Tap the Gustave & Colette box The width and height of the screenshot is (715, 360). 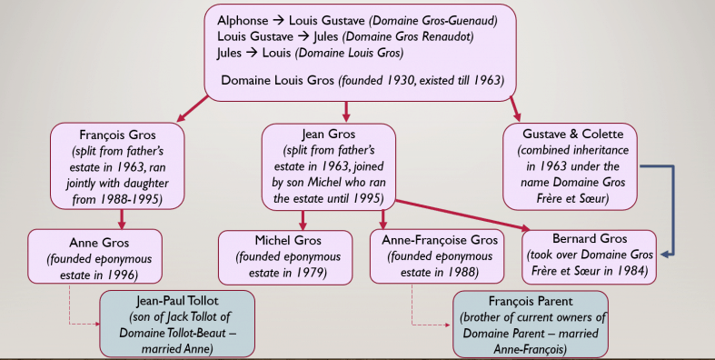coord(570,165)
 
